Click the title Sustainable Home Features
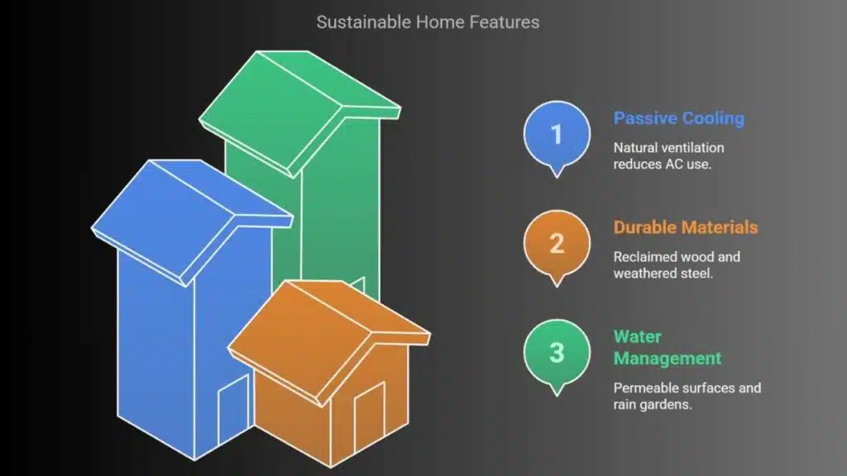[x=428, y=22]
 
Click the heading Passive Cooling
[x=679, y=118]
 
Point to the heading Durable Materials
[x=686, y=227]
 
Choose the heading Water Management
[x=668, y=348]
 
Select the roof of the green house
[x=299, y=113]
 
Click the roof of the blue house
[x=192, y=221]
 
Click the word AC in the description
[x=673, y=164]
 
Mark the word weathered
[x=644, y=273]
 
